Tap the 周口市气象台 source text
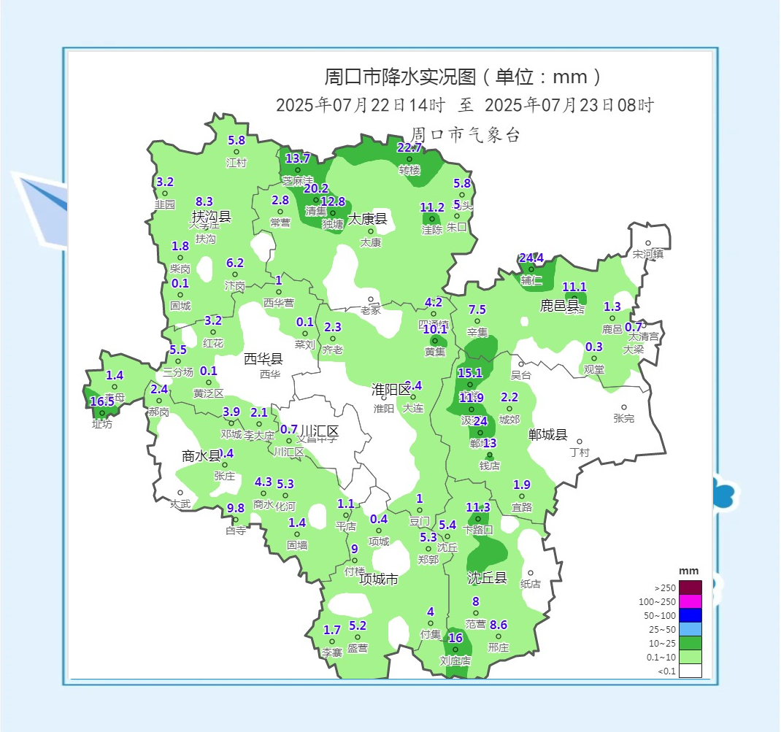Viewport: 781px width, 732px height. (x=465, y=134)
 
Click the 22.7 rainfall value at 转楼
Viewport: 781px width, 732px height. (x=409, y=147)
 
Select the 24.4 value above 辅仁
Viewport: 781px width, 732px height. (x=531, y=258)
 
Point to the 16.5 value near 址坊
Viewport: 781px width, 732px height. (x=102, y=401)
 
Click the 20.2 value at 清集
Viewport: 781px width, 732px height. (x=316, y=188)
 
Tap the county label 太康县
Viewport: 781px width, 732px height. (x=367, y=219)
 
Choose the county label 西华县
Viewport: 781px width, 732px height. (x=263, y=358)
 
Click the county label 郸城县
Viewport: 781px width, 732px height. (x=547, y=435)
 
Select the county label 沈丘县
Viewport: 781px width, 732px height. (x=487, y=578)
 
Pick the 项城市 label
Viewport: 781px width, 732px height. (x=379, y=579)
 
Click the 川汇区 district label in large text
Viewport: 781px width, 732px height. (x=320, y=431)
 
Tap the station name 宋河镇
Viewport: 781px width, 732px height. (x=648, y=255)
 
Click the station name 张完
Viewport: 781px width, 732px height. (x=624, y=419)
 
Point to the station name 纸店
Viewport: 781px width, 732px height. (x=531, y=584)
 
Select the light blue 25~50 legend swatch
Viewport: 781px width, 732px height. (x=690, y=629)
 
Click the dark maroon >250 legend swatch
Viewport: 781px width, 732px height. (x=690, y=587)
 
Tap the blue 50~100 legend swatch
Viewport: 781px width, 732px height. (x=690, y=615)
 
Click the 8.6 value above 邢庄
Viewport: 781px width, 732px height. (x=499, y=625)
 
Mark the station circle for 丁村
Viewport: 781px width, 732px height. (x=580, y=442)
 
